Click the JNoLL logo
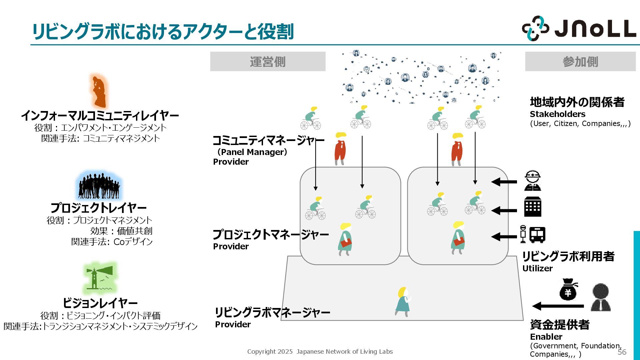click(x=579, y=29)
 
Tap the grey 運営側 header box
click(x=268, y=62)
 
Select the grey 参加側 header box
click(x=580, y=62)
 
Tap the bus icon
click(x=537, y=235)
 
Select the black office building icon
click(x=533, y=207)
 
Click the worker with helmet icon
click(x=532, y=181)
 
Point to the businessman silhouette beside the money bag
click(x=600, y=297)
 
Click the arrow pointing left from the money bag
click(x=558, y=306)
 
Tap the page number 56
click(x=622, y=352)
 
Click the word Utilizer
click(x=537, y=268)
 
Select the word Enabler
click(x=546, y=337)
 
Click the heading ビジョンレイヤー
click(x=100, y=303)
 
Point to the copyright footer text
click(x=320, y=352)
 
